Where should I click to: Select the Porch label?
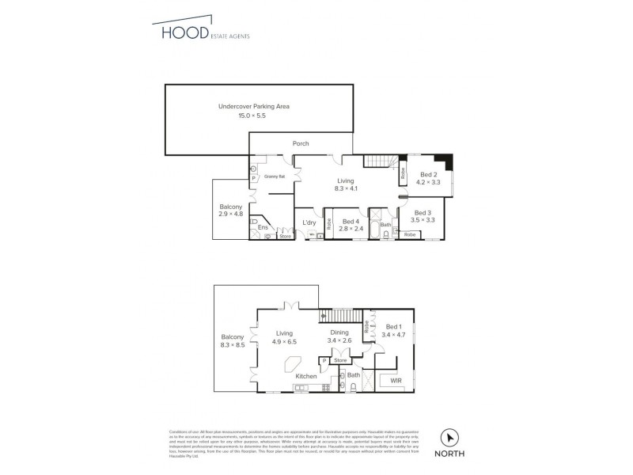coord(301,144)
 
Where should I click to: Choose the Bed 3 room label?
coord(425,212)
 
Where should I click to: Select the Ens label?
coord(263,228)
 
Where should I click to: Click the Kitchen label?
coord(306,376)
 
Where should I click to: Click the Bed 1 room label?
coord(394,326)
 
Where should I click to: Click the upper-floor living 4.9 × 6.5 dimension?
coord(285,343)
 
